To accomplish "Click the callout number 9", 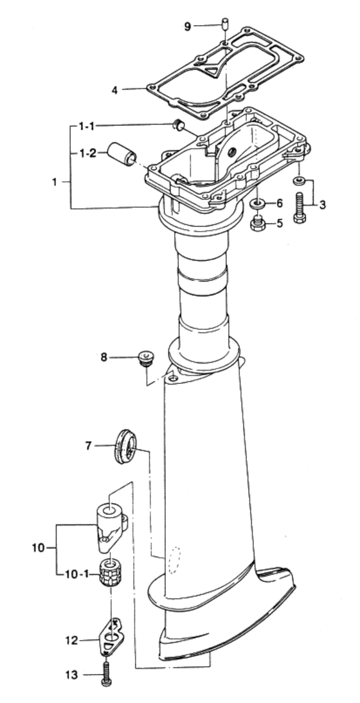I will [x=187, y=26].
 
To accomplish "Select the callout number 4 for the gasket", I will [x=114, y=89].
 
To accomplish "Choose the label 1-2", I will [x=89, y=153].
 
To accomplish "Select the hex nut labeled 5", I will [x=256, y=224].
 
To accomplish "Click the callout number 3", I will [x=323, y=205].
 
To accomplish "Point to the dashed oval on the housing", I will [x=174, y=558].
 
